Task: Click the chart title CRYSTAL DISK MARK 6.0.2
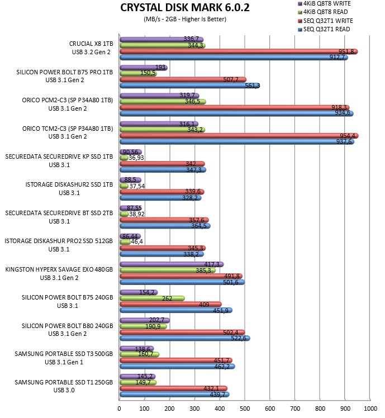[x=185, y=7]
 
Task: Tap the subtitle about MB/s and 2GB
[x=185, y=19]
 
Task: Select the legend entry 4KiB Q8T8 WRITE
[x=324, y=3]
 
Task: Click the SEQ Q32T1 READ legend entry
[x=324, y=29]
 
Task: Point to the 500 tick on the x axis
[x=245, y=408]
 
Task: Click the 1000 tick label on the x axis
[x=370, y=408]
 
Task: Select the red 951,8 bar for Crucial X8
[x=239, y=51]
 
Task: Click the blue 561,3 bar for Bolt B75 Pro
[x=189, y=85]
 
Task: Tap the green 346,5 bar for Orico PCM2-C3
[x=163, y=102]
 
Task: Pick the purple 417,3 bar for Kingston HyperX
[x=172, y=264]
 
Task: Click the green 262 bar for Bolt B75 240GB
[x=152, y=298]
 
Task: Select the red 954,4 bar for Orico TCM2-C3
[x=239, y=136]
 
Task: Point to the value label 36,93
[x=136, y=158]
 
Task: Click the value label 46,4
[x=137, y=242]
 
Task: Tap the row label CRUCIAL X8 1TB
[x=91, y=44]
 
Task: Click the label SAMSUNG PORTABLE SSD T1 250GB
[x=64, y=382]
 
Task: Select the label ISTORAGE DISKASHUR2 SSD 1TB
[x=69, y=184]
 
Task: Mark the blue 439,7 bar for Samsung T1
[x=174, y=395]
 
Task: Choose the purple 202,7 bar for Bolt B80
[x=145, y=320]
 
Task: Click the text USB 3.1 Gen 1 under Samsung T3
[x=64, y=362]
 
